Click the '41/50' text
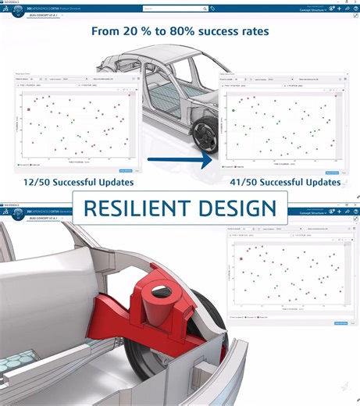click(244, 183)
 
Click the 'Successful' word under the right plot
click(289, 183)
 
